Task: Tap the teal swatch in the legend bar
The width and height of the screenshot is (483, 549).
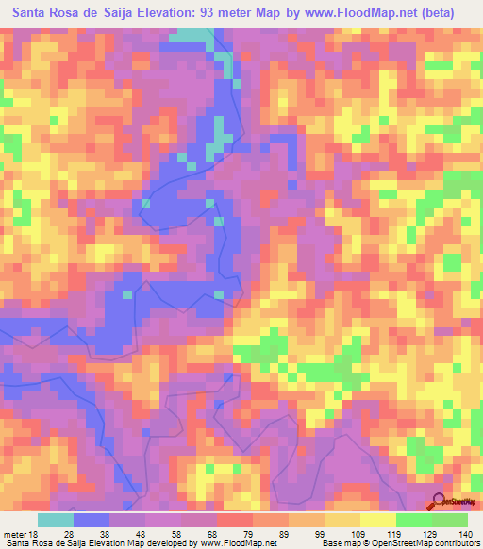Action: [56, 520]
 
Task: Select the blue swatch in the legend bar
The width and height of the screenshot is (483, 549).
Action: [92, 520]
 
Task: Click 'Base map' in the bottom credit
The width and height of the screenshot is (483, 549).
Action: [343, 543]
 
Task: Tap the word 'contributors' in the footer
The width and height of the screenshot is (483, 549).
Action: [451, 543]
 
